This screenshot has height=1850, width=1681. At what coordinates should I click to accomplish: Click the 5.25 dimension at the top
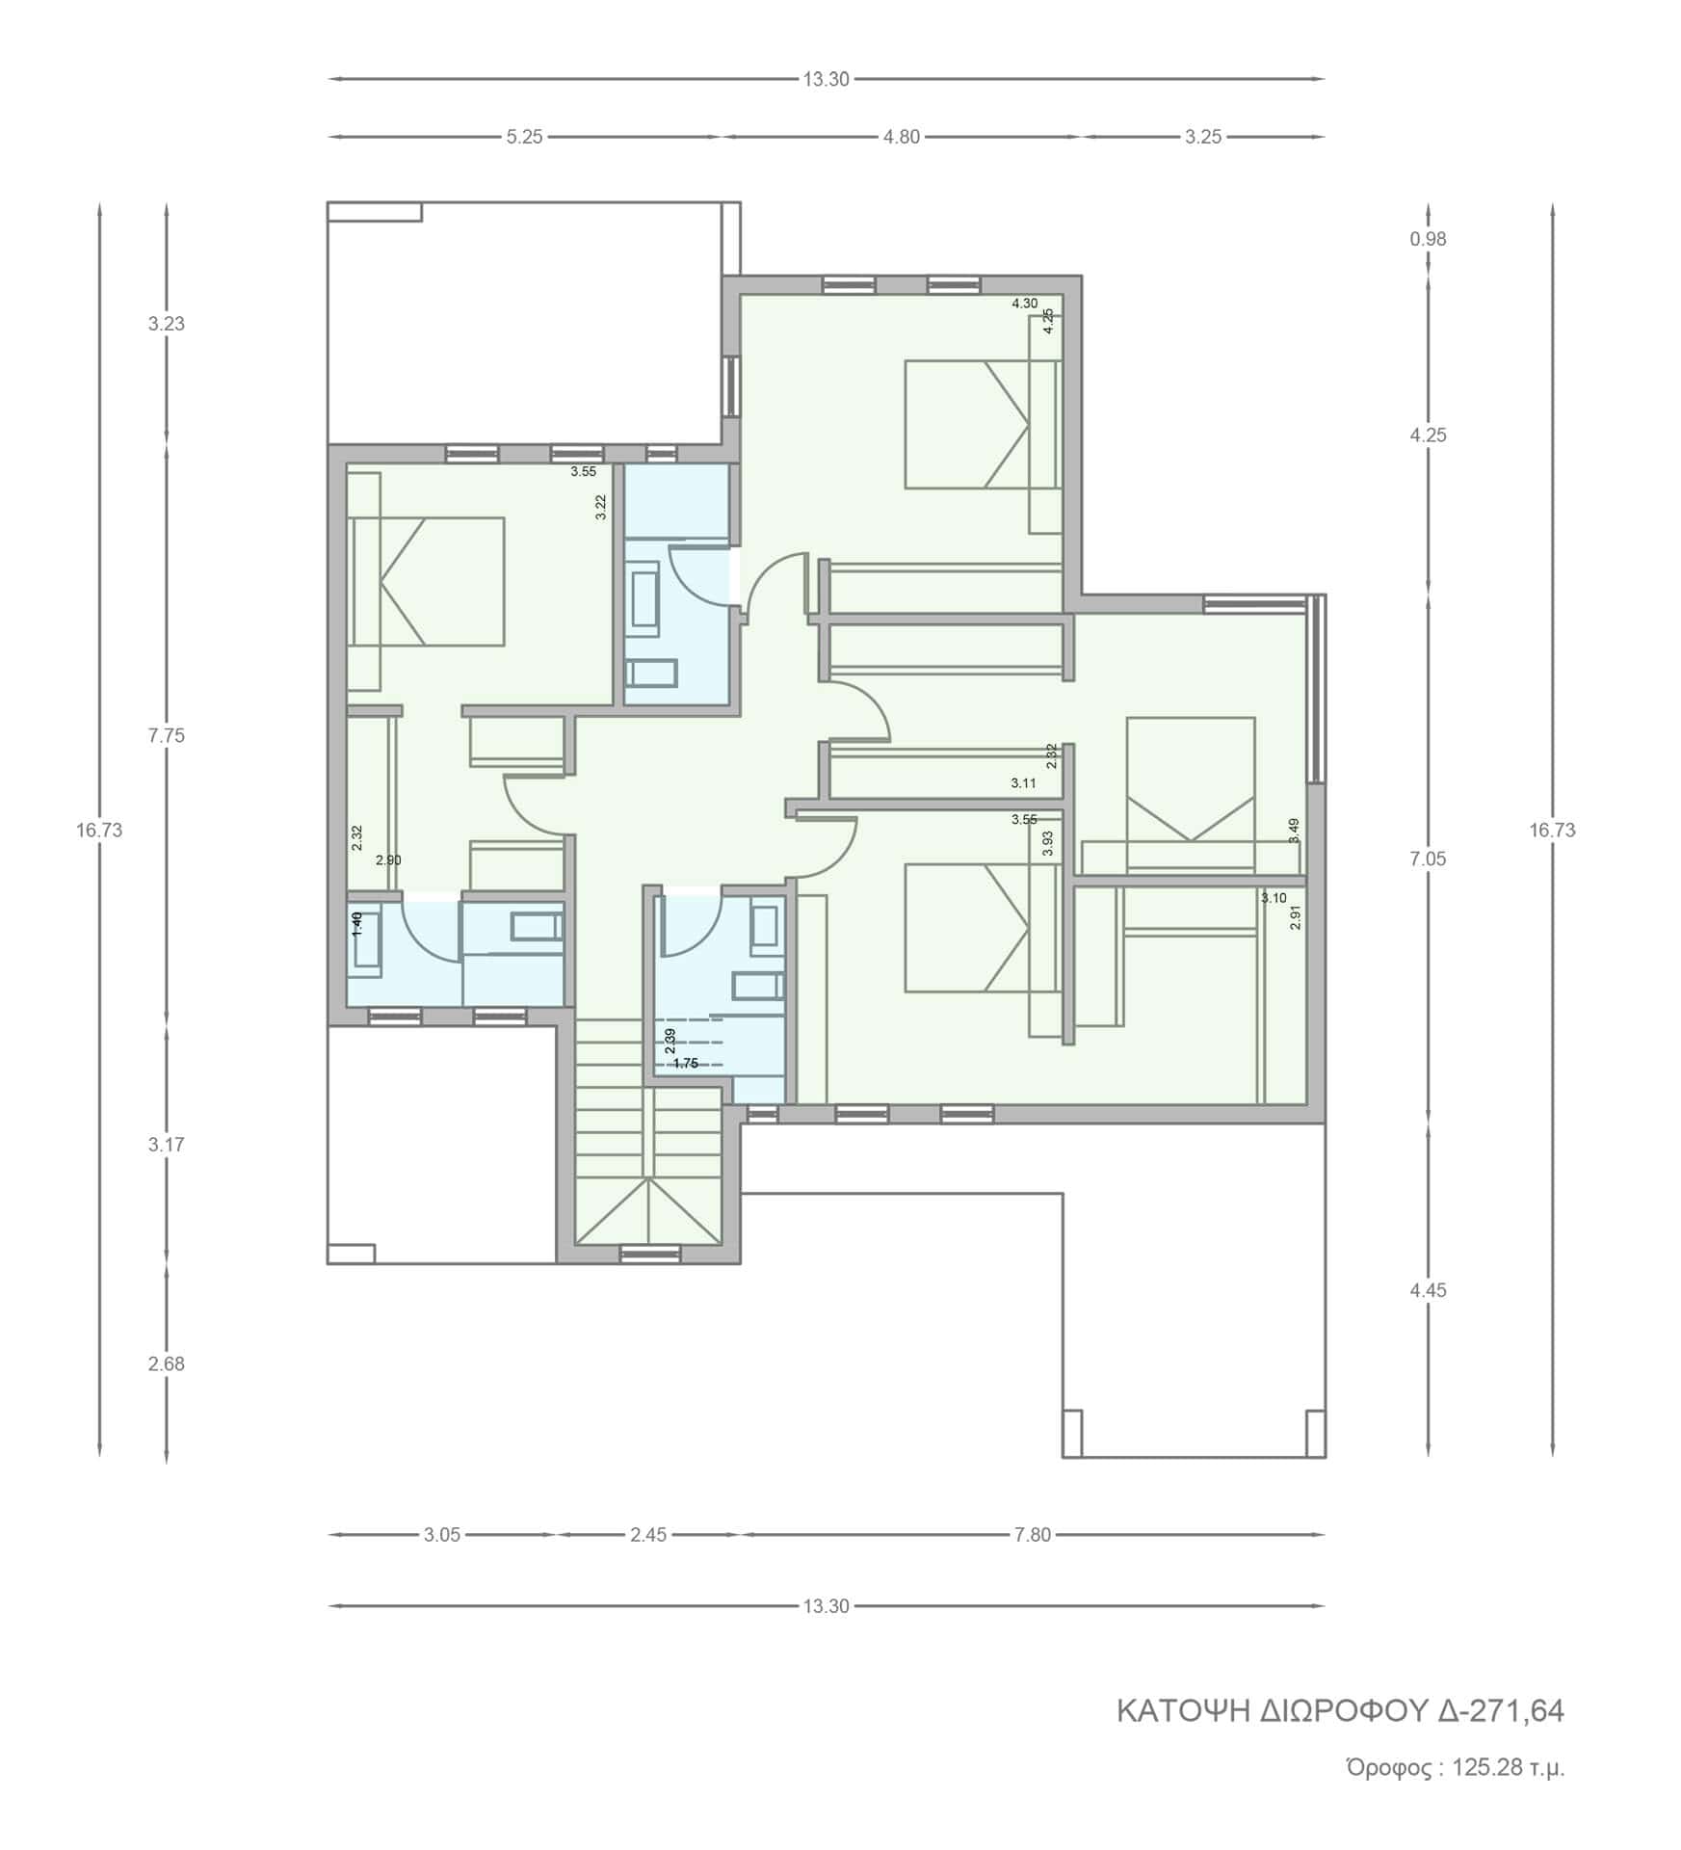coord(525,137)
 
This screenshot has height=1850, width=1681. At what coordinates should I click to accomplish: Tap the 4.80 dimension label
coord(902,137)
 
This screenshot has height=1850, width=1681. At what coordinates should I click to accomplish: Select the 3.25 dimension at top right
coord(1203,137)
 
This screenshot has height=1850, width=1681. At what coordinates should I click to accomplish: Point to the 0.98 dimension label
coord(1428,239)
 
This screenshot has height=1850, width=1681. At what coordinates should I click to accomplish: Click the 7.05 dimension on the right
coord(1428,859)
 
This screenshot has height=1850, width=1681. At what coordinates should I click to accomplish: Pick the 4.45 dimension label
coord(1428,1289)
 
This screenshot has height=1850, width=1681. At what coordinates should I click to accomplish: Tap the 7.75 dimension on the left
coord(166,735)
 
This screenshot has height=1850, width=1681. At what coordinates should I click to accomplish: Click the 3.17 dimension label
coord(166,1145)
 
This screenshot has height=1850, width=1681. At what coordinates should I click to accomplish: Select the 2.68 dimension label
coord(166,1363)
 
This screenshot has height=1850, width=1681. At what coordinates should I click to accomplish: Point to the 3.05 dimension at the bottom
coord(442,1535)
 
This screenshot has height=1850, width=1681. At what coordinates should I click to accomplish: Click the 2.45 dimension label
coord(648,1535)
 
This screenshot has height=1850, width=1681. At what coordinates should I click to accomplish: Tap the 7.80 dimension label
coord(1033,1535)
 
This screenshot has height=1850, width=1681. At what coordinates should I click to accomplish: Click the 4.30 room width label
coord(1024,304)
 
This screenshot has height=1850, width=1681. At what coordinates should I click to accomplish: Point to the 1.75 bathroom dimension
coord(685,1064)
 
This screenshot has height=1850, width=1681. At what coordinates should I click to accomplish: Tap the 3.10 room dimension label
coord(1274,898)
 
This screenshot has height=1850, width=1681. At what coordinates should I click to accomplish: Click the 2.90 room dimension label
coord(388,860)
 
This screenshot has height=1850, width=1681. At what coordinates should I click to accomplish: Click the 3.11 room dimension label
coord(1024,783)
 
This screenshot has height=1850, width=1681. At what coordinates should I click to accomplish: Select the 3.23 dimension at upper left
coord(166,324)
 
